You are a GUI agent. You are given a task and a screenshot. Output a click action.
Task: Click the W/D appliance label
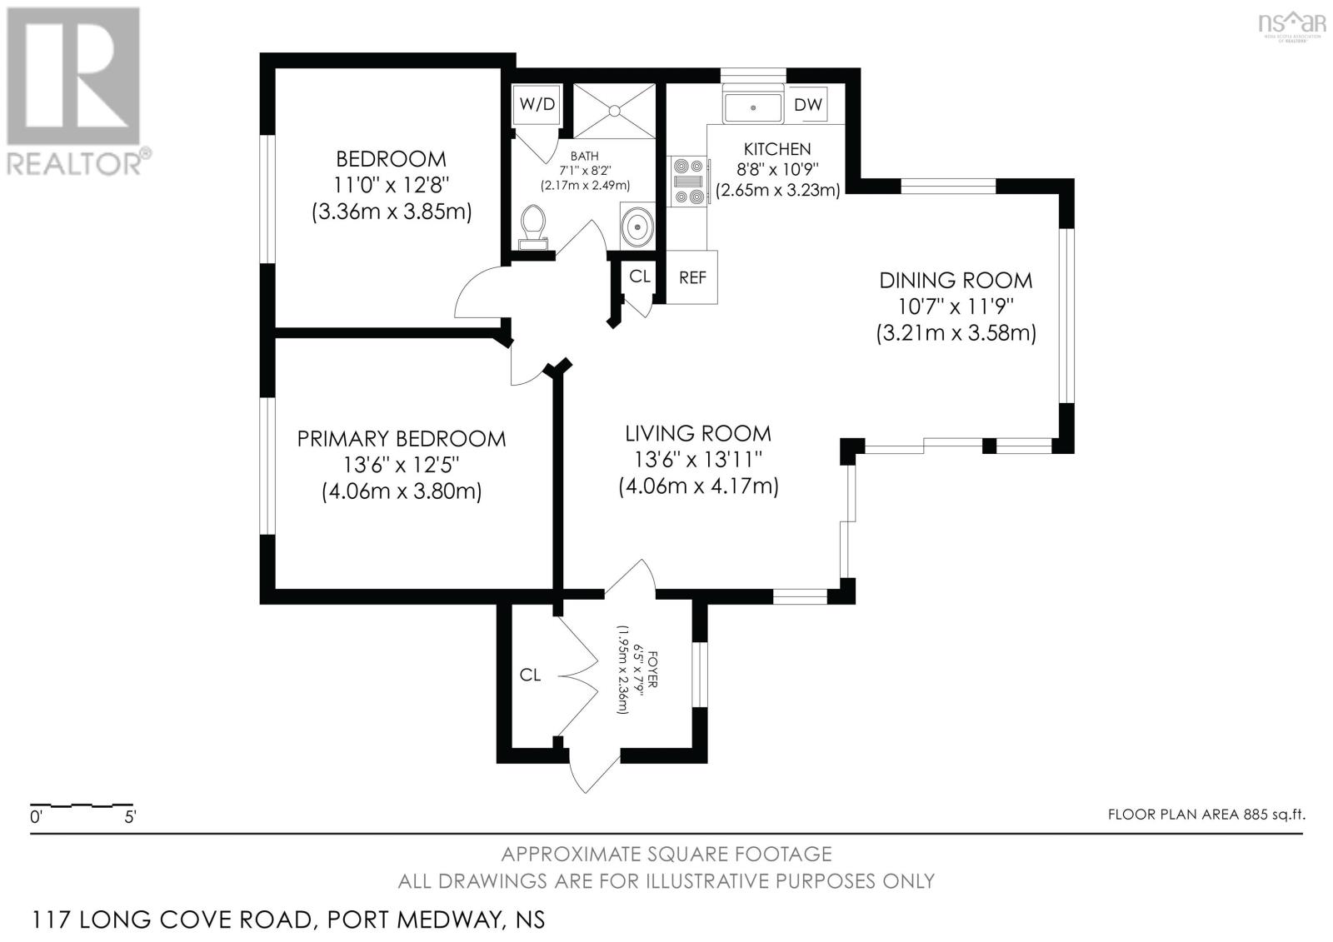pyautogui.click(x=537, y=104)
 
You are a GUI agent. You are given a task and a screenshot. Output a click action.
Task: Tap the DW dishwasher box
pyautogui.click(x=807, y=104)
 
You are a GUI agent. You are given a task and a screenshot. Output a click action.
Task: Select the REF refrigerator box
pyautogui.click(x=691, y=277)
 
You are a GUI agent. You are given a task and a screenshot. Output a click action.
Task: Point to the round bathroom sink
pyautogui.click(x=637, y=226)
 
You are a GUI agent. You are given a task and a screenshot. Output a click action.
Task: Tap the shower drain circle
pyautogui.click(x=614, y=111)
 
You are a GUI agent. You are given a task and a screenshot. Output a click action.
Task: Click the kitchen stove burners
pyautogui.click(x=688, y=181)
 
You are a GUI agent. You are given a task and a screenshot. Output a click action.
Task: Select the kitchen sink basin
pyautogui.click(x=753, y=107)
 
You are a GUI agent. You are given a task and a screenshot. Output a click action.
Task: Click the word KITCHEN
pyautogui.click(x=777, y=149)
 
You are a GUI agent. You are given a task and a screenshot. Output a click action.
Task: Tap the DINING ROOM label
pyautogui.click(x=956, y=281)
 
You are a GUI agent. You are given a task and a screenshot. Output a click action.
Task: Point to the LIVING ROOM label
pyautogui.click(x=698, y=433)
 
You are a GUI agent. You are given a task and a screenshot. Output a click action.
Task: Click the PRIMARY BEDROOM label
pyautogui.click(x=401, y=439)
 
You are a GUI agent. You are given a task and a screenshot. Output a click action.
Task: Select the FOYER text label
pyautogui.click(x=652, y=670)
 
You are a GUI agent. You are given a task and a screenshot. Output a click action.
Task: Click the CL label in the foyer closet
pyautogui.click(x=530, y=675)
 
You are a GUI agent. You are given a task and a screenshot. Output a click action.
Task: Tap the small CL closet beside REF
pyautogui.click(x=640, y=277)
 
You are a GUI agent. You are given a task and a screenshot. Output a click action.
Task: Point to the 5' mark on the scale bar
pyautogui.click(x=130, y=816)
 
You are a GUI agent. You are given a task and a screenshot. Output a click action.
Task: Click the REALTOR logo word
pyautogui.click(x=74, y=163)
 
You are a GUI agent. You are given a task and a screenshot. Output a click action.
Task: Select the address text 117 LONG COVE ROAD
pyautogui.click(x=172, y=920)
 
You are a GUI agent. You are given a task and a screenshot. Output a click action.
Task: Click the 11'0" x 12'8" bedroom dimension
pyautogui.click(x=391, y=185)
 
